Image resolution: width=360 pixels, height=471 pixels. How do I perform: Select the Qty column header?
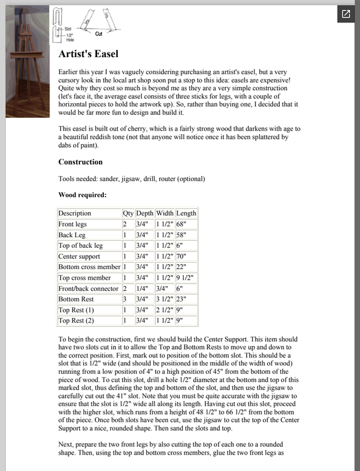tap(128, 213)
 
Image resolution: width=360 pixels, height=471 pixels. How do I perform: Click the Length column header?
tap(186, 213)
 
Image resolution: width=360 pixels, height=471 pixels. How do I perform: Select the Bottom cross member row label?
tap(88, 267)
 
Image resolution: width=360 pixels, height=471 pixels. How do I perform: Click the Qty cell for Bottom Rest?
tap(124, 299)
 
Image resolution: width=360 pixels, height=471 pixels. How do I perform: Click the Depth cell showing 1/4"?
tap(143, 288)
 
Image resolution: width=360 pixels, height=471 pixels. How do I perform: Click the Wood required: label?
tap(82, 195)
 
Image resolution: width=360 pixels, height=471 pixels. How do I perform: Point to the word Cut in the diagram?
tap(99, 35)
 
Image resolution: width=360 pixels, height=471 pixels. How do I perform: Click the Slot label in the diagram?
tap(68, 28)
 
